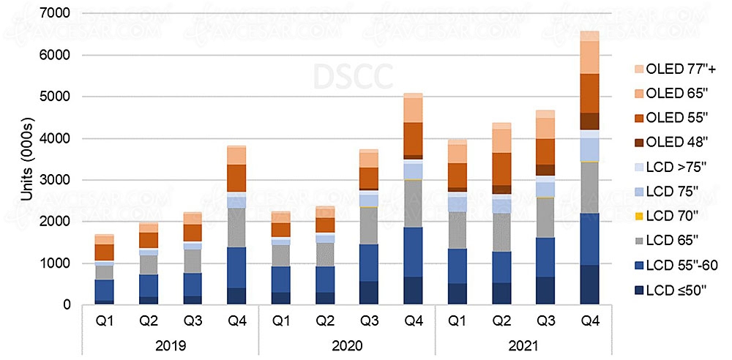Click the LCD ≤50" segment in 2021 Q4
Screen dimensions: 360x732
tap(590, 285)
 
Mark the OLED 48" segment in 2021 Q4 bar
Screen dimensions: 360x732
tap(590, 121)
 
